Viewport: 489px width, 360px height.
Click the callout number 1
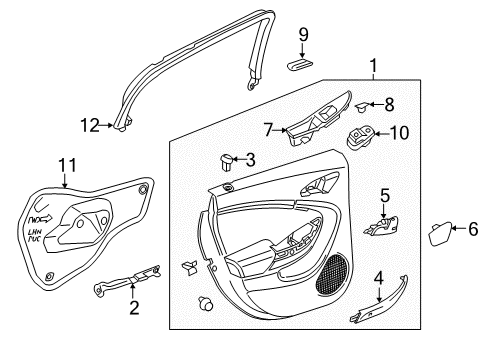click(374, 69)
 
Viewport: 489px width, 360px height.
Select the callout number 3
click(251, 158)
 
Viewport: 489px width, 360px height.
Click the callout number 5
click(383, 197)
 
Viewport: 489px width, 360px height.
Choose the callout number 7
click(269, 128)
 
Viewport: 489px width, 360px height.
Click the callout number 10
click(399, 133)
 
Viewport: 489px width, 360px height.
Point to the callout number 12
click(91, 125)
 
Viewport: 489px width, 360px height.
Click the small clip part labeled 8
click(365, 104)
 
